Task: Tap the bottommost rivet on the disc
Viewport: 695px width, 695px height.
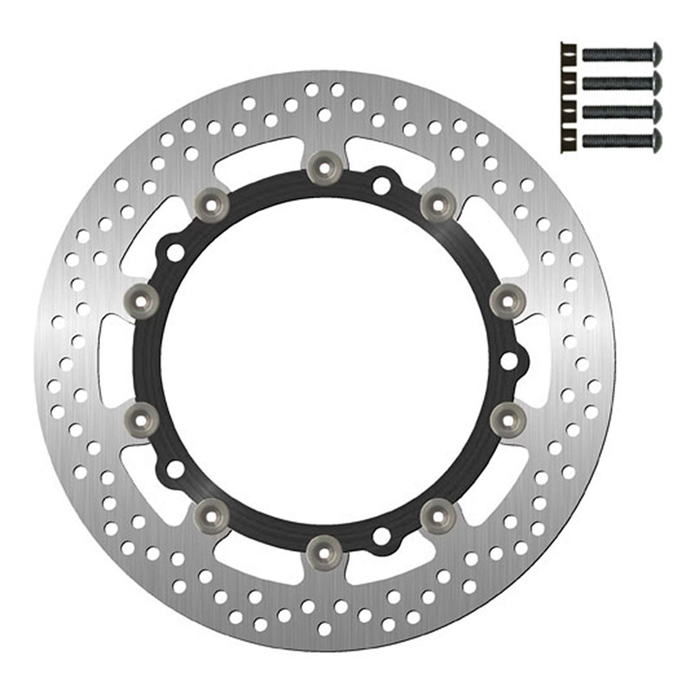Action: [x=324, y=549]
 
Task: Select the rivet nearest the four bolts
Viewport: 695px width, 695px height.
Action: [x=438, y=205]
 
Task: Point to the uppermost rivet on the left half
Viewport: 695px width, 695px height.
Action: [x=210, y=205]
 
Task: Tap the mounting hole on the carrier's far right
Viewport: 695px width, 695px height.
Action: [x=510, y=359]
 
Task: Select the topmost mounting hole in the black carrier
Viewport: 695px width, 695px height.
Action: [x=381, y=184]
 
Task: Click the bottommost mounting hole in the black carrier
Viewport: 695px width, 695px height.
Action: [x=381, y=536]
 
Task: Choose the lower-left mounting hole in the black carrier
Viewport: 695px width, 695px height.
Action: [x=175, y=469]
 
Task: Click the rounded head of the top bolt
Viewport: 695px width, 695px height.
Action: [x=656, y=53]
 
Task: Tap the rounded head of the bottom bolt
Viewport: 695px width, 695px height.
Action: [x=656, y=139]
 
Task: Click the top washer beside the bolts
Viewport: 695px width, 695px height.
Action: [x=567, y=53]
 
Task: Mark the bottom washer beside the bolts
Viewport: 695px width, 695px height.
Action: [x=567, y=139]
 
